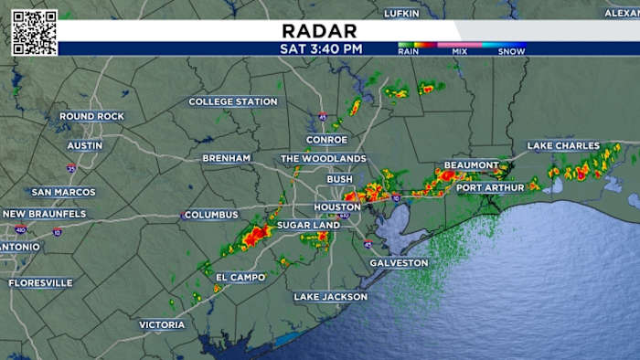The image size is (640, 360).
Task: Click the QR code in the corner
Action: point(34,33)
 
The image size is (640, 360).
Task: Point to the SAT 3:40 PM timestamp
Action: point(320,48)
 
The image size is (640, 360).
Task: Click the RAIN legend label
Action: point(409,52)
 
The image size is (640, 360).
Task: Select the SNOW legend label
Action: point(511,52)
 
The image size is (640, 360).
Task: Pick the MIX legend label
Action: point(460,52)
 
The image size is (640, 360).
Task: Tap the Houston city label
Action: point(337,207)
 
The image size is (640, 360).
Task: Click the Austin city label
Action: point(85,145)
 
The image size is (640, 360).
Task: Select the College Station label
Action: point(233,101)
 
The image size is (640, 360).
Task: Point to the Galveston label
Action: point(399,263)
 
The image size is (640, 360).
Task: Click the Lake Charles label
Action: point(563,145)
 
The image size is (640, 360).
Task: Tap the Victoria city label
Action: point(162,324)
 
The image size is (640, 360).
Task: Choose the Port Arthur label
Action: point(490,187)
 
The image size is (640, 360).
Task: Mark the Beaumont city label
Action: point(471,165)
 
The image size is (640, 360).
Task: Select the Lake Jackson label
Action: point(330,297)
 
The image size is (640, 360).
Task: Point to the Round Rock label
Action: point(91,116)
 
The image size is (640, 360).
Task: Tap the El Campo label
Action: point(240,277)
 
